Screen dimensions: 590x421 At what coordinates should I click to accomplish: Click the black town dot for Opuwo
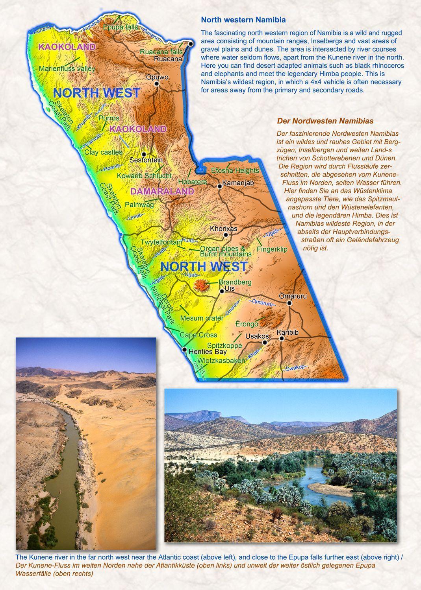click(x=157, y=84)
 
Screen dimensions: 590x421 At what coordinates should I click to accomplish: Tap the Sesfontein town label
click(x=146, y=160)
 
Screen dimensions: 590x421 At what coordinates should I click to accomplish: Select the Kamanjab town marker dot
click(x=220, y=186)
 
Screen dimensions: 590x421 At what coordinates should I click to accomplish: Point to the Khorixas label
click(x=224, y=229)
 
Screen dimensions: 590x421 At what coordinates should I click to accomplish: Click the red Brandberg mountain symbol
click(x=201, y=286)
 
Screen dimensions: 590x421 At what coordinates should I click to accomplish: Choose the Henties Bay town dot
click(x=184, y=349)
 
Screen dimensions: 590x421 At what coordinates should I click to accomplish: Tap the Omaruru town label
click(x=292, y=296)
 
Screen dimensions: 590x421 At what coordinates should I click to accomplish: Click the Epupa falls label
click(x=121, y=27)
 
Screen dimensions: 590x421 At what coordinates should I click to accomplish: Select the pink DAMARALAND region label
click(x=162, y=192)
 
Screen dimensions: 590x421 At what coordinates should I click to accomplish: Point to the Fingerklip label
click(x=272, y=249)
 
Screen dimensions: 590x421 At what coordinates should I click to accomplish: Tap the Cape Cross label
click(x=198, y=335)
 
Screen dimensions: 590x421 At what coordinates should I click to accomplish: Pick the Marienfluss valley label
click(x=67, y=68)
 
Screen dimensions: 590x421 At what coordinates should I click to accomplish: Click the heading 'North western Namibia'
click(x=243, y=20)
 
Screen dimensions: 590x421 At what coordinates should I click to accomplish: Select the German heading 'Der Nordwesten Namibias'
click(x=325, y=121)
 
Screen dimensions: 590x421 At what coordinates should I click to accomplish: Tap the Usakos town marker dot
click(x=265, y=342)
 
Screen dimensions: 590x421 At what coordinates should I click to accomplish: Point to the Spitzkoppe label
click(x=224, y=346)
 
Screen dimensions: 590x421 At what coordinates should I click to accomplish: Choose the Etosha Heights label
click(x=235, y=170)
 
